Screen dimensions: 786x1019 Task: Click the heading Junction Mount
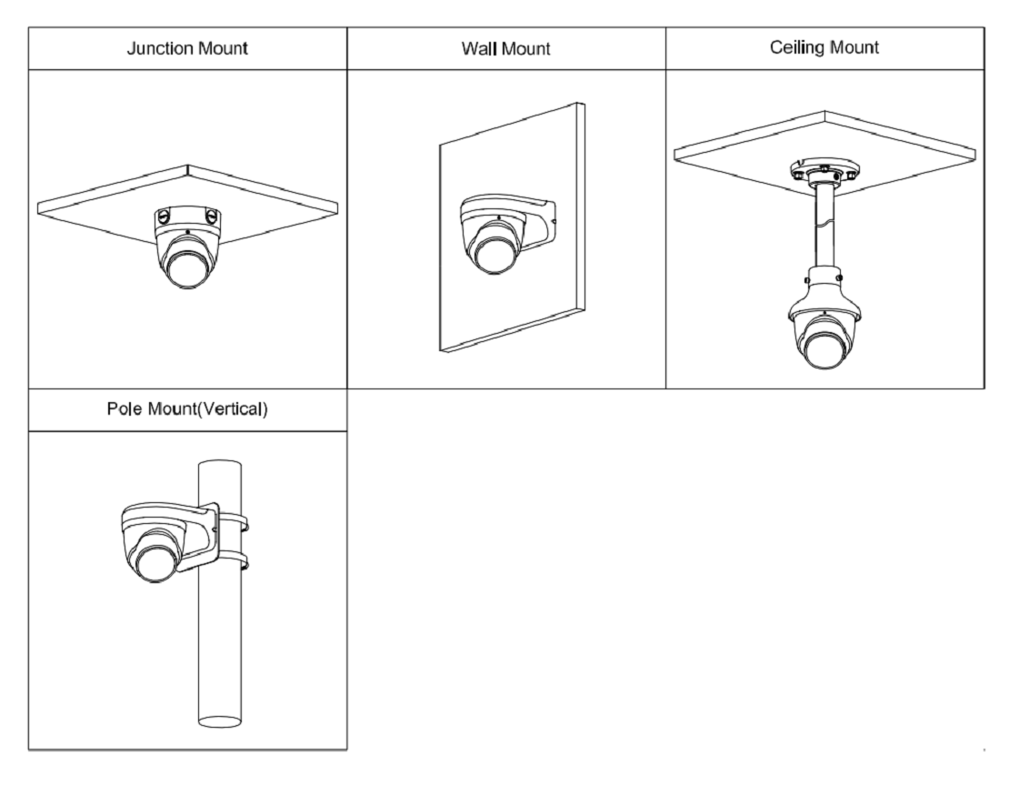[187, 49]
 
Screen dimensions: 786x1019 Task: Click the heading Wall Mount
[506, 49]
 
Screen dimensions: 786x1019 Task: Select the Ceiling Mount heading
[824, 48]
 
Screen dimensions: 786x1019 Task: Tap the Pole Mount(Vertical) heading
[187, 408]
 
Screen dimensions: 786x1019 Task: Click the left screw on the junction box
[164, 216]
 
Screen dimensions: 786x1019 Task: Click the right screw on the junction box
[210, 216]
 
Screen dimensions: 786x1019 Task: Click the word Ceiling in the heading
[797, 48]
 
